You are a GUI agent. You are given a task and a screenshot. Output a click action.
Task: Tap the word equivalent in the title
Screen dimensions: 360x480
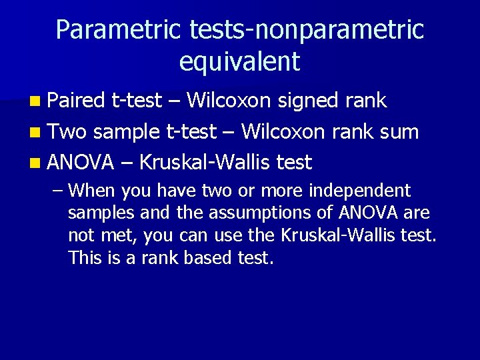click(240, 62)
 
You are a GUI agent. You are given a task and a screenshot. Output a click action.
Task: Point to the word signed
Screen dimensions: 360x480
click(308, 101)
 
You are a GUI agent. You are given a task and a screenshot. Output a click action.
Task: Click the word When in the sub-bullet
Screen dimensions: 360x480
click(92, 191)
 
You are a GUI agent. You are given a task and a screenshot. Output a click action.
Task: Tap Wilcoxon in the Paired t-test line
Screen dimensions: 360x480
click(229, 101)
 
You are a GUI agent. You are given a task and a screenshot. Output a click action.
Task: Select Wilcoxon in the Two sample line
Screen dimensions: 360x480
click(283, 131)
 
